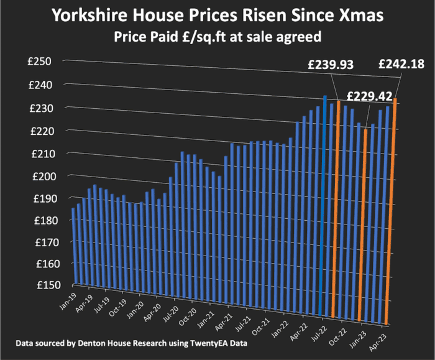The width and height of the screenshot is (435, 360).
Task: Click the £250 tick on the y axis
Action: pos(45,62)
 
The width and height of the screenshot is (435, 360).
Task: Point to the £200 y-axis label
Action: pos(45,176)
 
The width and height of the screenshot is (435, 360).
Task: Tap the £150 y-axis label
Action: pos(45,285)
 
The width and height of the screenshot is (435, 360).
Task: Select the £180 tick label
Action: pos(45,220)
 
